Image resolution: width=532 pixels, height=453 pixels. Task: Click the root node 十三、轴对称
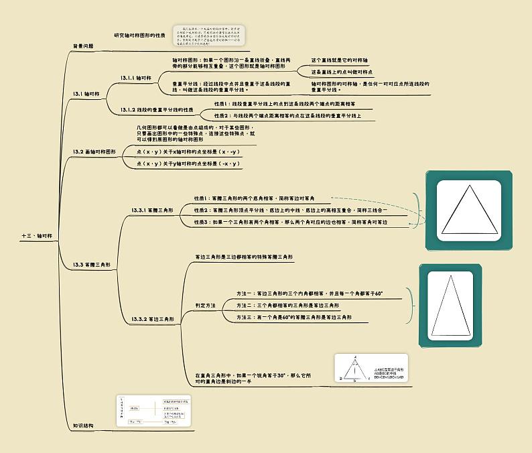(x=36, y=236)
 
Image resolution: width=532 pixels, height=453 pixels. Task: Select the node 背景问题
(x=83, y=46)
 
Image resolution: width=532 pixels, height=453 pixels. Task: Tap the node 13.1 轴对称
(x=86, y=94)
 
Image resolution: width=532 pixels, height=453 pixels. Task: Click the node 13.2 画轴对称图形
(x=94, y=152)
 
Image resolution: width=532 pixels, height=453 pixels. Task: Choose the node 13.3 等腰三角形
(x=92, y=265)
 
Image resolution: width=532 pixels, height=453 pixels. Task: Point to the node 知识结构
(x=83, y=426)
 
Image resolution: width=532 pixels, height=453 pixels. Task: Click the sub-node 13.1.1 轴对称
(x=136, y=78)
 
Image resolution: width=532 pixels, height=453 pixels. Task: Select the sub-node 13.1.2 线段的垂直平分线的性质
(x=157, y=109)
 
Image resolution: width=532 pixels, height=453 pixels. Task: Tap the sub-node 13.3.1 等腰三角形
(x=152, y=210)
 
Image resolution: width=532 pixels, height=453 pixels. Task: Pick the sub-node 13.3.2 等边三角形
(x=152, y=319)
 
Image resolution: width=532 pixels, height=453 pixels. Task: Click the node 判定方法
(x=205, y=305)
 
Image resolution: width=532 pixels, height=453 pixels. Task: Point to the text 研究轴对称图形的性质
(x=139, y=35)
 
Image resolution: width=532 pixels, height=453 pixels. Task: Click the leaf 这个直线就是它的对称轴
(x=339, y=60)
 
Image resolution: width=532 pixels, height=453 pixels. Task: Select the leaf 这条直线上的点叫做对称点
(x=342, y=72)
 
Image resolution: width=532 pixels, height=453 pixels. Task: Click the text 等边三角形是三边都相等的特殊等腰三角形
(x=244, y=257)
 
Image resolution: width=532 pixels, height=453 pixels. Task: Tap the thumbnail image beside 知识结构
(x=154, y=411)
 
